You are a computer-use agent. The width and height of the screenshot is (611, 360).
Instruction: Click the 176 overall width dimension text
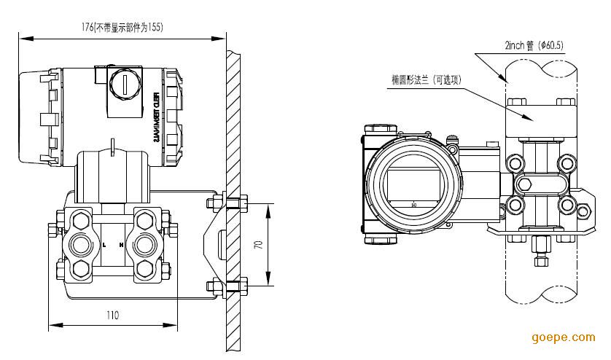(x=122, y=27)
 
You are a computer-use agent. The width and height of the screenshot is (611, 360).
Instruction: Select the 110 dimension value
(x=112, y=316)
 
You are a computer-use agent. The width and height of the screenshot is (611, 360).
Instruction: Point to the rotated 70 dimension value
(x=257, y=246)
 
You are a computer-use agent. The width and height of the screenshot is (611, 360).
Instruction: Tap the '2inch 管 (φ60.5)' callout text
(x=534, y=45)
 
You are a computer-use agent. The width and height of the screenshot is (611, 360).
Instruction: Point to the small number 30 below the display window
(x=413, y=204)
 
